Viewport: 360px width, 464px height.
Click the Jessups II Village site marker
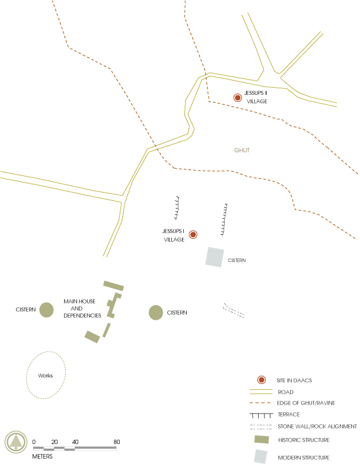pos(238,98)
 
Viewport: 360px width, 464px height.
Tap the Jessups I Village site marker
pos(193,235)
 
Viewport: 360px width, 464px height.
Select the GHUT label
pos(242,151)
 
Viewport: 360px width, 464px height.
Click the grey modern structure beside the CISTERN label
pos(215,257)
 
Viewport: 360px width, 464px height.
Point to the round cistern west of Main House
pos(46,309)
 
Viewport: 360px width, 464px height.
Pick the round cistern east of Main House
pos(155,312)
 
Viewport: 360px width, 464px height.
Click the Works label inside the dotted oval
pos(46,376)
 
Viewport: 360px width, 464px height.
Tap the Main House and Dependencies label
pos(82,308)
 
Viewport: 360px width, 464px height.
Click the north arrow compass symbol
pos(16,442)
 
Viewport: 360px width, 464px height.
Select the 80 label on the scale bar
pos(117,442)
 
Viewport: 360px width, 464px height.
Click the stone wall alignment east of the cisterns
pos(234,311)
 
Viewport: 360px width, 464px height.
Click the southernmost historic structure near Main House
pos(92,337)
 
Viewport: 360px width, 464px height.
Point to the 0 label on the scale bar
pos(34,442)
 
